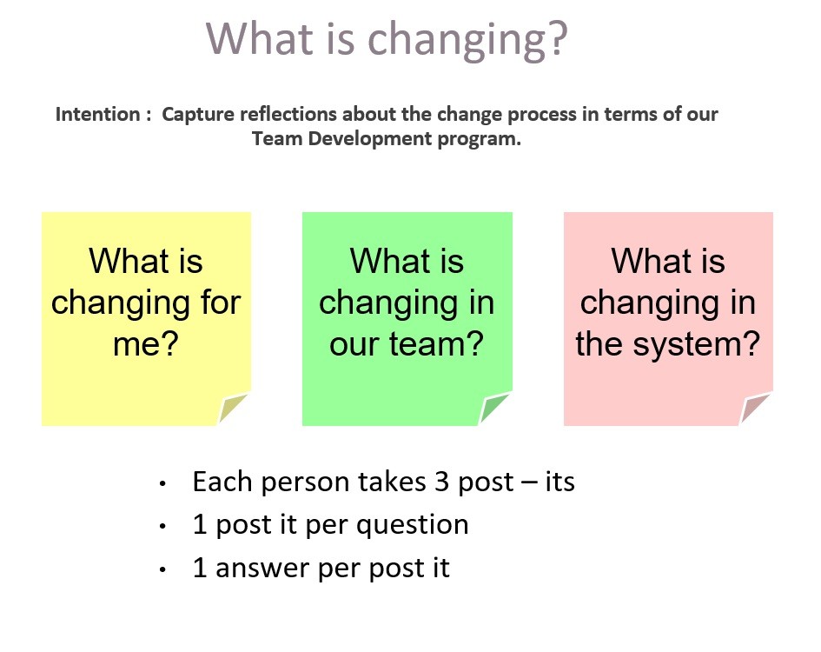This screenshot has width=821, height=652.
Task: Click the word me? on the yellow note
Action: click(x=146, y=344)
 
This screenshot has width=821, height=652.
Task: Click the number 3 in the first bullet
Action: click(x=442, y=482)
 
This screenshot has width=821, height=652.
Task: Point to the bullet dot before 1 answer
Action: click(x=163, y=569)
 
